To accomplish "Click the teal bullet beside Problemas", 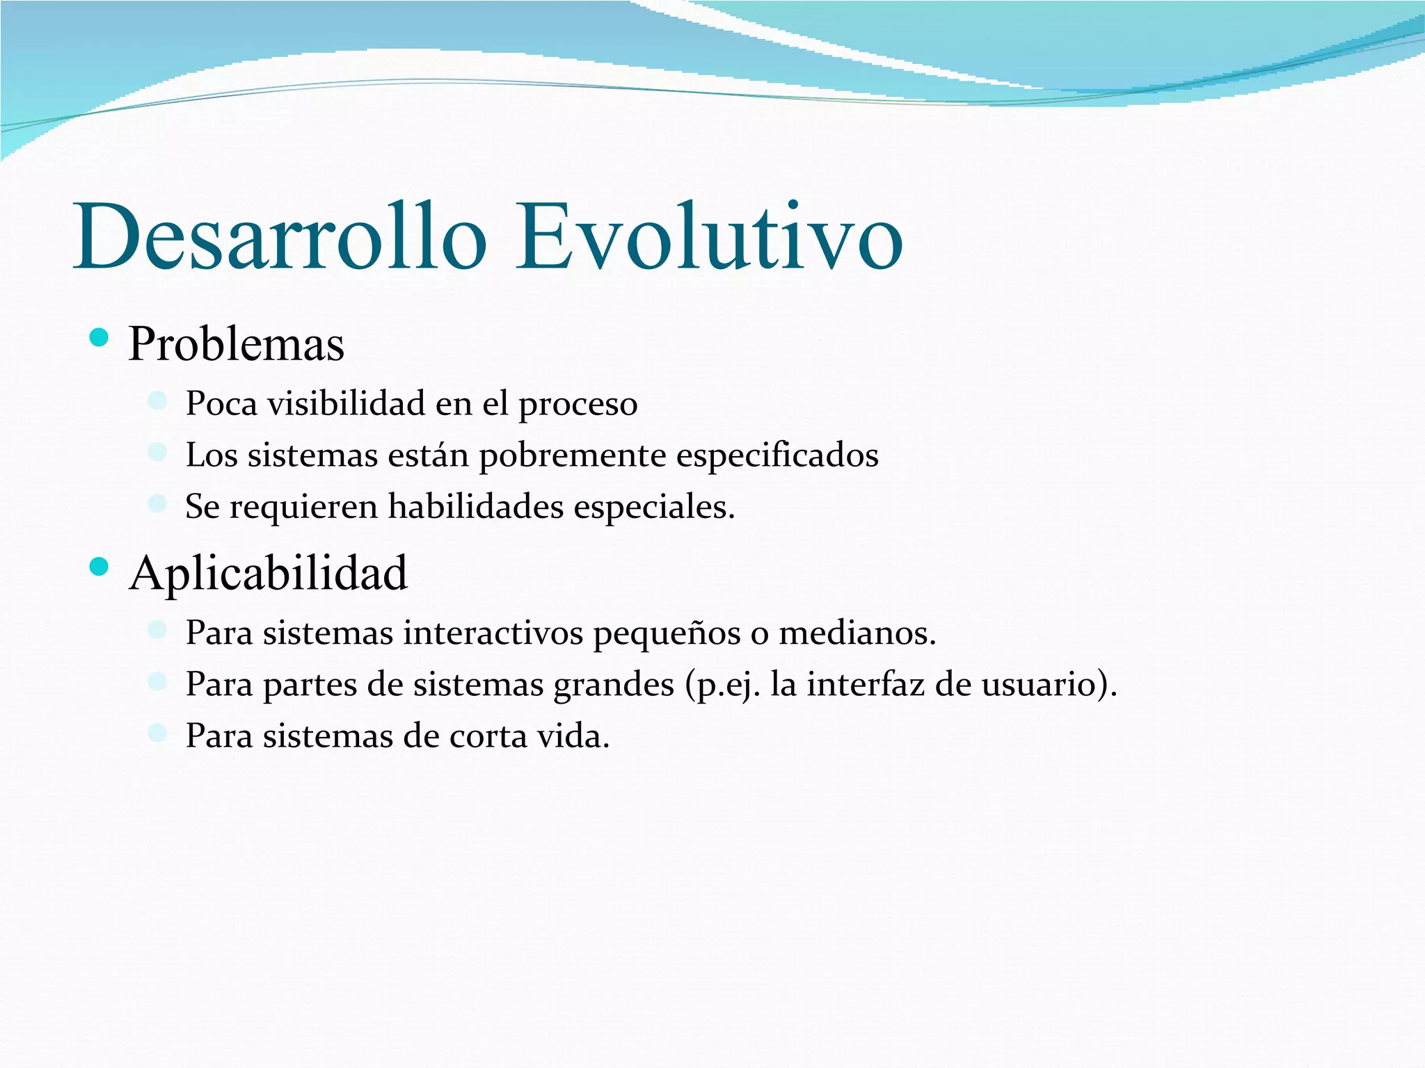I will click(99, 339).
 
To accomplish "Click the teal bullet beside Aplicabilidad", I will click(99, 567).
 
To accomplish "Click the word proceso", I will click(578, 405).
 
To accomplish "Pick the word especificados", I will click(777, 456).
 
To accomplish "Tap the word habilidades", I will click(476, 506).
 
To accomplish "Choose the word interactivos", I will click(493, 633).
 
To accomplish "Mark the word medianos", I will click(857, 633).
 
